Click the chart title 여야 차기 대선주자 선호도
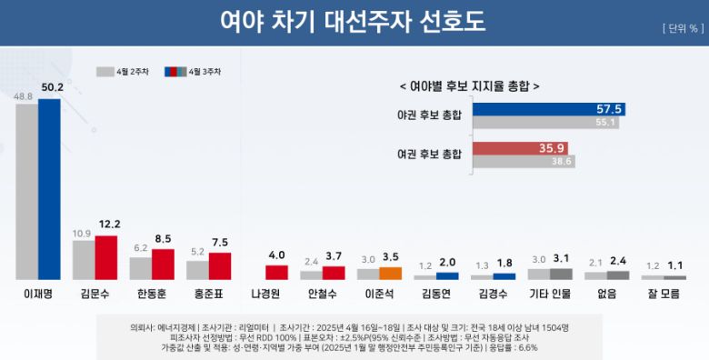[354, 23]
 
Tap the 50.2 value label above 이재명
[49, 88]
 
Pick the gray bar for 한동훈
[140, 268]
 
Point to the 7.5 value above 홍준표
[220, 243]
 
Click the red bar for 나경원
[276, 272]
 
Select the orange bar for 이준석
[390, 273]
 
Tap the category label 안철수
[322, 294]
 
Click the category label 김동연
[436, 294]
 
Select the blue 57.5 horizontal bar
[549, 109]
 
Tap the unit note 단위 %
[681, 28]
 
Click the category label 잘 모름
[664, 294]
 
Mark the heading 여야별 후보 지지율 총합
[469, 85]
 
